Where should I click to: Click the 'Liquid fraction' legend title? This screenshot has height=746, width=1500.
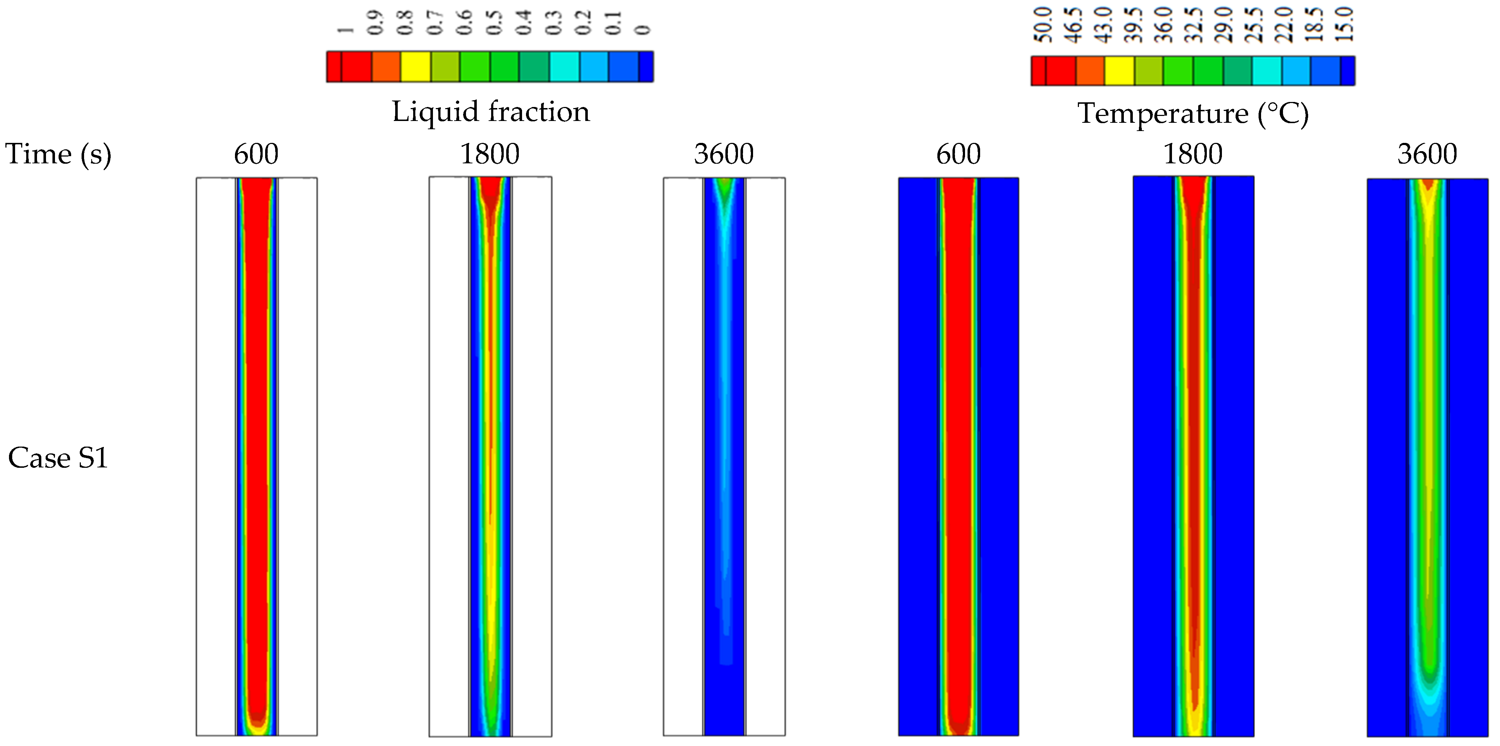(490, 111)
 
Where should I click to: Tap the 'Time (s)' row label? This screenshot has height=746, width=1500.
(58, 155)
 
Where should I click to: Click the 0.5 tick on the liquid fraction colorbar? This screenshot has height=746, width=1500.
(494, 23)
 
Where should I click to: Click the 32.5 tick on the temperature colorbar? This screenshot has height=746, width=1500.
(1194, 25)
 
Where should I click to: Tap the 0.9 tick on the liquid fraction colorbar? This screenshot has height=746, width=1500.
(375, 23)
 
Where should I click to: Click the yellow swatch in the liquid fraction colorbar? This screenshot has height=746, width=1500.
(416, 66)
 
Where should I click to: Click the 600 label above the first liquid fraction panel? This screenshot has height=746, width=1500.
(256, 155)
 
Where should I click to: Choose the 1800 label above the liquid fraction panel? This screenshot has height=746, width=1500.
(490, 155)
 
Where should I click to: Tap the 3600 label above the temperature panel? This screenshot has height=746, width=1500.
(1427, 155)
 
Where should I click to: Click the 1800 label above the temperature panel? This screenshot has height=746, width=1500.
(1192, 155)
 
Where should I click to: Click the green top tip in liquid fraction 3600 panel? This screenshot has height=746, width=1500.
(724, 186)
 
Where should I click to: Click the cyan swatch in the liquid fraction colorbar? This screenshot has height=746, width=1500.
(564, 66)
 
